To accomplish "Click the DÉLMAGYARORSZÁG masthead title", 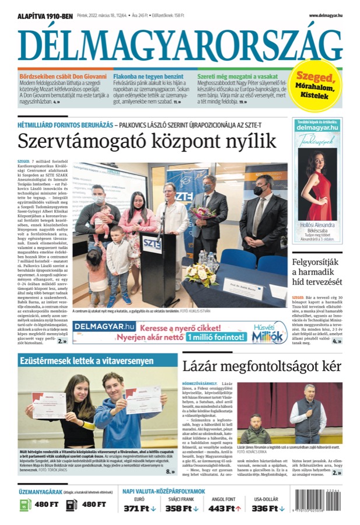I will [x=180, y=44].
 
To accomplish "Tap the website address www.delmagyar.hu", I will [x=325, y=15].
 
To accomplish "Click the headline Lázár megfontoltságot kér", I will [x=261, y=366].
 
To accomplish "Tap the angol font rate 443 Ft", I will [x=225, y=509].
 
